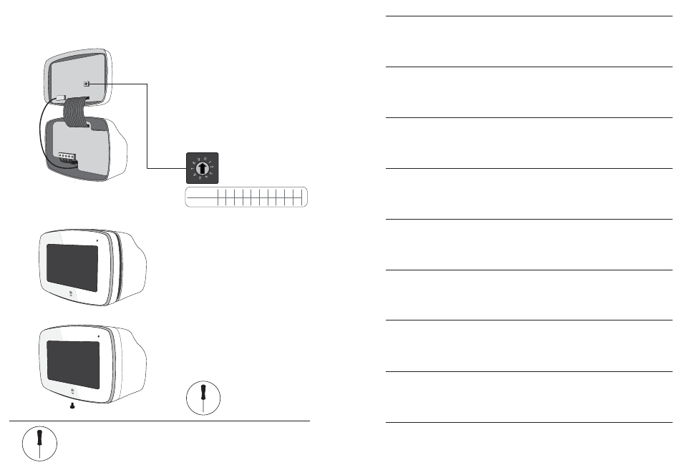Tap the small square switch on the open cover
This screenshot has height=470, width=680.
coord(87,84)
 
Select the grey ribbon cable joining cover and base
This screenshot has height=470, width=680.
coord(74,112)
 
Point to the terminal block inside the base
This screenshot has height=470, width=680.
coord(67,155)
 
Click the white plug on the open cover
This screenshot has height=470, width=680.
coord(60,101)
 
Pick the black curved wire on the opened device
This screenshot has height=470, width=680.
coord(40,136)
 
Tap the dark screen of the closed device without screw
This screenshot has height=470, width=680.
coord(72,268)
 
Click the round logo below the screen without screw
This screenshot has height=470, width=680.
coord(72,295)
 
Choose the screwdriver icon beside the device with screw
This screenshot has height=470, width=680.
coord(203,396)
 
